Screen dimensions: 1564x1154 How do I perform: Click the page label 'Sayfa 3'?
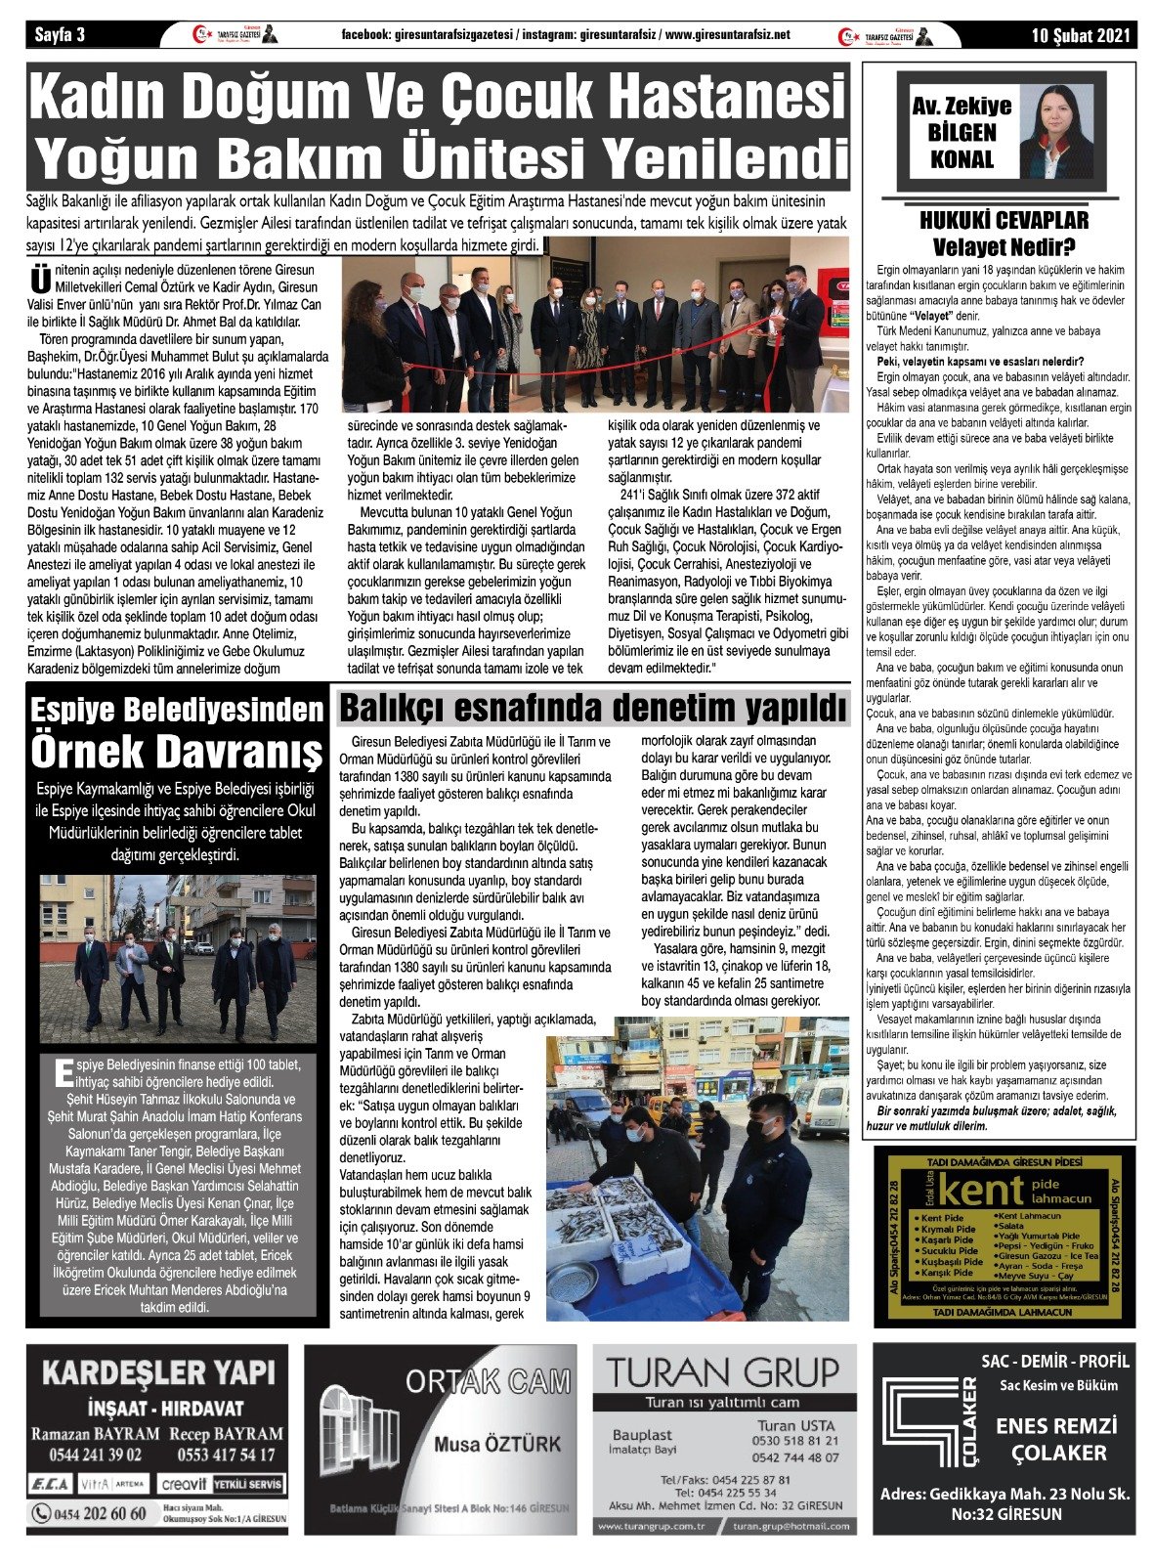(61, 36)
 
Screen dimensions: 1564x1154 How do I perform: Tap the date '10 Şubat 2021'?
(1081, 36)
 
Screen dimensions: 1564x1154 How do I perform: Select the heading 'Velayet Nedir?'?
(1003, 246)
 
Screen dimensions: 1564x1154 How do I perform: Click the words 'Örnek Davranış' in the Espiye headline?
(177, 752)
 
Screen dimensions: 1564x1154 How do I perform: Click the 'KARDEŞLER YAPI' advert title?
(158, 1373)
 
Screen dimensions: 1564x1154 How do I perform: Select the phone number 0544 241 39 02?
(87, 1455)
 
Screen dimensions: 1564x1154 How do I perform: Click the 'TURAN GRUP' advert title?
(722, 1371)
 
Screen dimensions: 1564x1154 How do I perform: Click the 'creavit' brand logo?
(184, 1483)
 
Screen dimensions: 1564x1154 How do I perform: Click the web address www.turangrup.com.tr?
(651, 1526)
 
